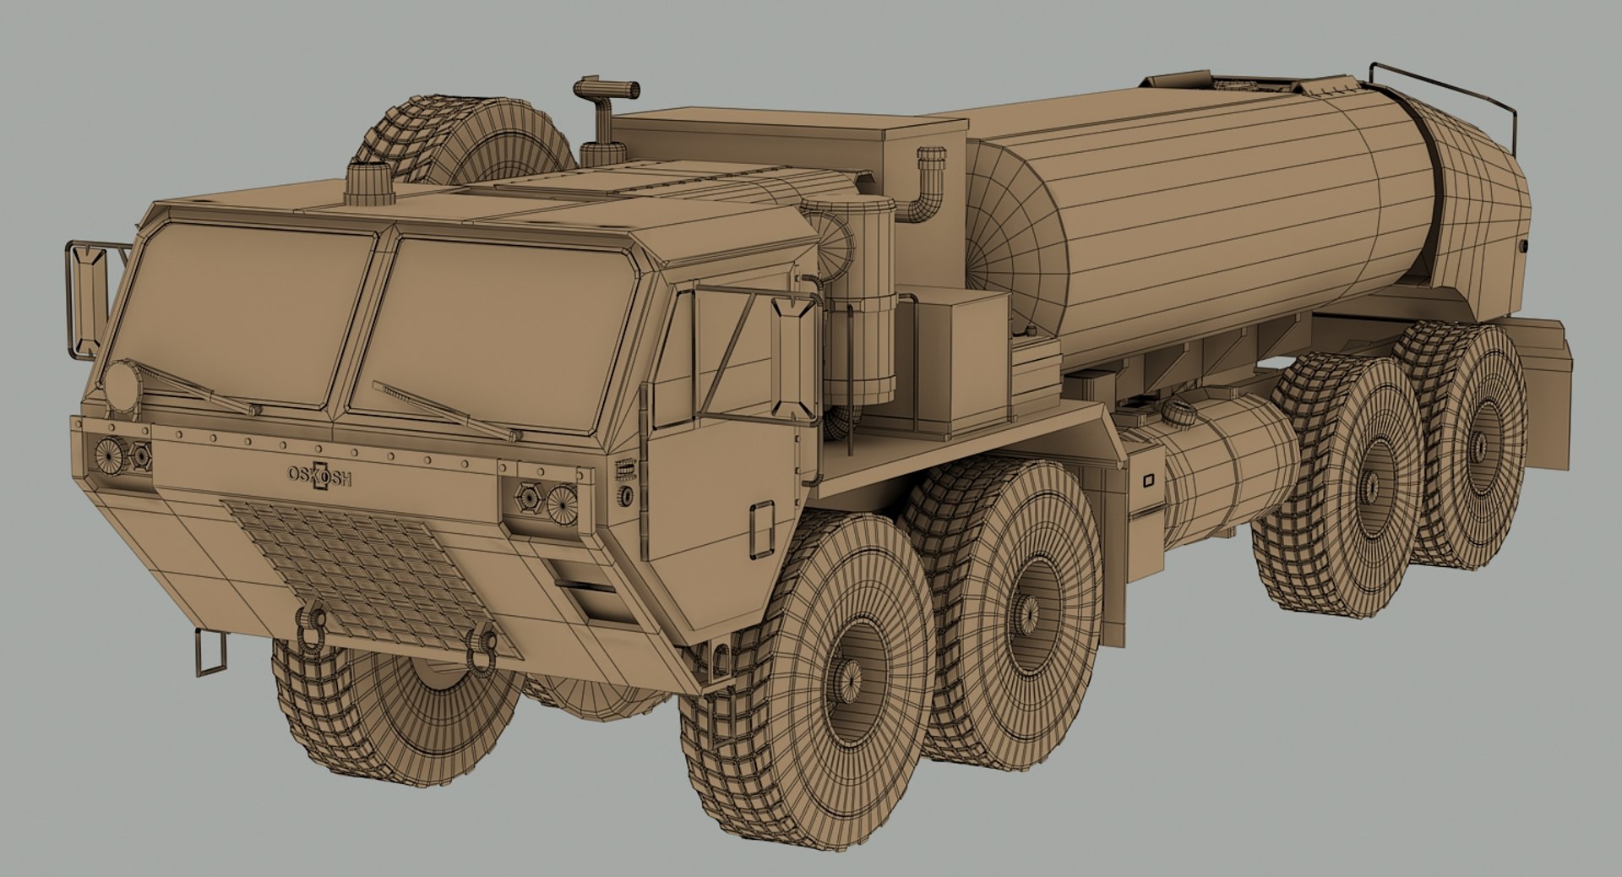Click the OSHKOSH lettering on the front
point(319,477)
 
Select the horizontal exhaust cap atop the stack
point(607,88)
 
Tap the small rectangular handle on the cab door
point(761,528)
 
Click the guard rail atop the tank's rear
point(1453,93)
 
